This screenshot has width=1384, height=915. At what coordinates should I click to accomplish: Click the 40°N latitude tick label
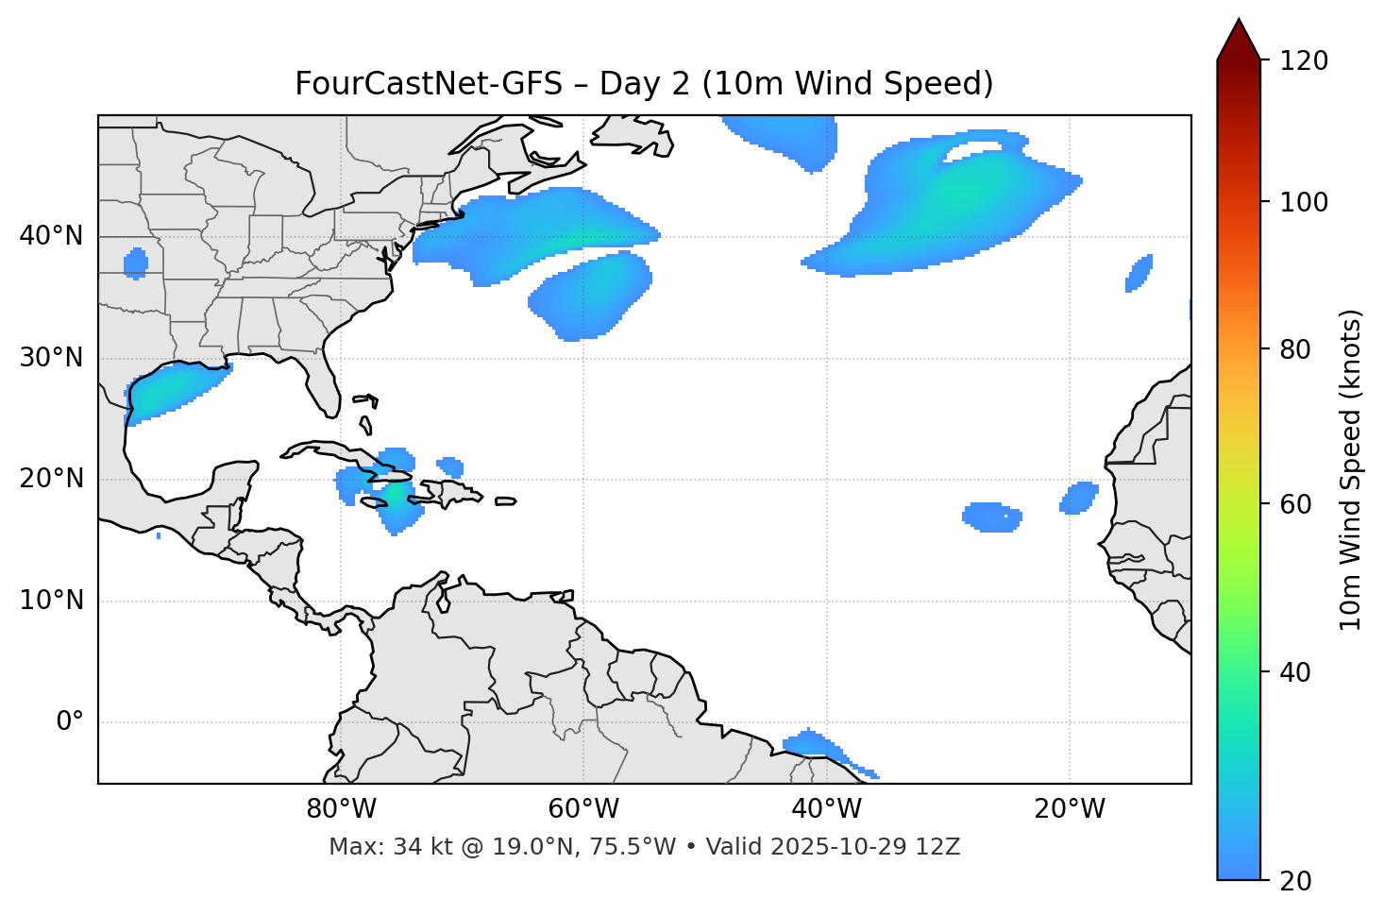click(51, 236)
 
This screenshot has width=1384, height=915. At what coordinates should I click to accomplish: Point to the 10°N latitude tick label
click(51, 601)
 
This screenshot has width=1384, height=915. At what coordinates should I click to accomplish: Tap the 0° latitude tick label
click(70, 722)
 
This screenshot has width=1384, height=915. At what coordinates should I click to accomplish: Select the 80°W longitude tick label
click(341, 809)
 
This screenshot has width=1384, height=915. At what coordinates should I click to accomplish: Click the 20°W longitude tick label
click(1070, 809)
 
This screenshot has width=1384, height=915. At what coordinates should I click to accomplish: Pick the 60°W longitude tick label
click(583, 809)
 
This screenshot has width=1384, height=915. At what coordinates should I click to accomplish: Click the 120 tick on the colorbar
click(1304, 61)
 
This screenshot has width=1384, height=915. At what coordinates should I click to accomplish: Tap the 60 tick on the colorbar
click(1297, 504)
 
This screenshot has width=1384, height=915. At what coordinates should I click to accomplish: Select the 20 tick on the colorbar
click(1297, 881)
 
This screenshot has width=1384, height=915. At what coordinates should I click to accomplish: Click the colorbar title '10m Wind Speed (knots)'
click(1351, 469)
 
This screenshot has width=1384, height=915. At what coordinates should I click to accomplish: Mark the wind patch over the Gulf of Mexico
click(175, 390)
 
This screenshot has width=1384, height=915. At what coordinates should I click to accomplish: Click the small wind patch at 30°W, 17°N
click(991, 517)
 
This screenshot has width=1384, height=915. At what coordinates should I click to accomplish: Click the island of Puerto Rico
click(505, 501)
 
